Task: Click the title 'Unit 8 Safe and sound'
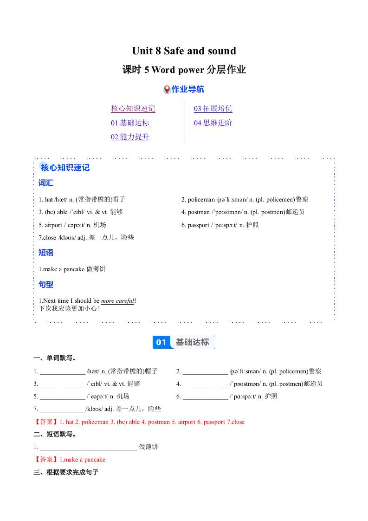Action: (184, 51)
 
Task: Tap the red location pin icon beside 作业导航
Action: (167, 90)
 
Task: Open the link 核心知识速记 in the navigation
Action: (133, 109)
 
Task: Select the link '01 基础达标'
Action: (130, 123)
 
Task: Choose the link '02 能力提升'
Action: (130, 137)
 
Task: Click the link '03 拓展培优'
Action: (213, 109)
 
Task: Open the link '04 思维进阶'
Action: (213, 123)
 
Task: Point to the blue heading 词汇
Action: (46, 183)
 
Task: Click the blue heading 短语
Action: (46, 253)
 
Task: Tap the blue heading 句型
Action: (46, 284)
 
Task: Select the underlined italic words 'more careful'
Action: (117, 301)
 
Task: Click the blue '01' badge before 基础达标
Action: (161, 342)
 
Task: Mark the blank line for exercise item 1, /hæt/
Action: (62, 372)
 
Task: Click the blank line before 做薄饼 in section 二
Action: (88, 447)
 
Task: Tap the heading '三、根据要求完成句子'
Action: (66, 472)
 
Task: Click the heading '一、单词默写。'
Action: (55, 358)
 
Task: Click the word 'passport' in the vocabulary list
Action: (199, 225)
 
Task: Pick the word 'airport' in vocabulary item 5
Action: (53, 225)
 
